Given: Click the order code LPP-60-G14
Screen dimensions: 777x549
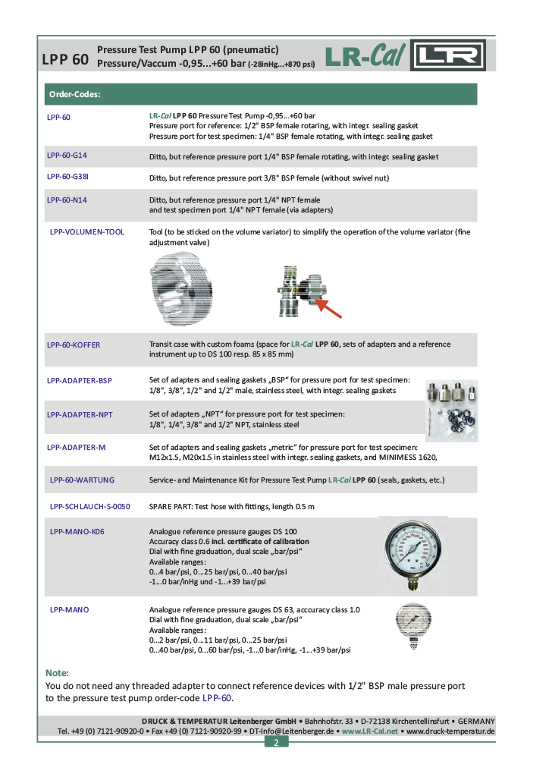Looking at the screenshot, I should coord(67,156).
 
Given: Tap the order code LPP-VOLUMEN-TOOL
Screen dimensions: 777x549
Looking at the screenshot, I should coord(86,231).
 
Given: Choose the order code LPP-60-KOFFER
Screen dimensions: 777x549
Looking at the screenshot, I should coord(73,344).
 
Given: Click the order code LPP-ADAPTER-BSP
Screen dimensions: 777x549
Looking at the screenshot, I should coord(79,380).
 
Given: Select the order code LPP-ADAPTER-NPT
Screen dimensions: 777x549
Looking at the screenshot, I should coord(80,414).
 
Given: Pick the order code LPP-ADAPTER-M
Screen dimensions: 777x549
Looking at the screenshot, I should coord(76,448).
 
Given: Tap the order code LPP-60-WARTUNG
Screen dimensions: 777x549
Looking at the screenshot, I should coord(82,480).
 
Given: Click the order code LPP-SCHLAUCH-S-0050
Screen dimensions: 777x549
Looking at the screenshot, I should coord(89,506).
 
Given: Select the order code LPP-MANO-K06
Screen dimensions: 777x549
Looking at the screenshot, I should coord(77,531).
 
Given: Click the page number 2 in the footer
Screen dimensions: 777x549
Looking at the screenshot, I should coord(276,742).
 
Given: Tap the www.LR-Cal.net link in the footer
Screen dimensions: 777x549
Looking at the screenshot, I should coord(369,731).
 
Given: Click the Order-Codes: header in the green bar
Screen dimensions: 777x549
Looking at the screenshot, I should coord(75,95).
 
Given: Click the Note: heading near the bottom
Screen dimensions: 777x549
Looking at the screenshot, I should coord(57,673).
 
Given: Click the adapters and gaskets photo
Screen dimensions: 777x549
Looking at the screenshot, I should coord(450,409).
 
